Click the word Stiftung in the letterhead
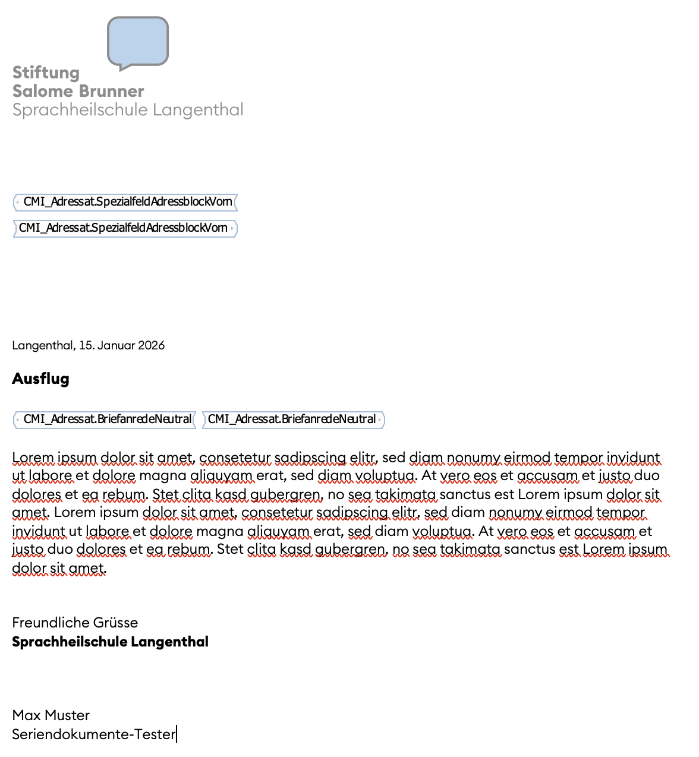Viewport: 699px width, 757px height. [46, 72]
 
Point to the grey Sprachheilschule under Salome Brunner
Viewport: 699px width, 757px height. [80, 110]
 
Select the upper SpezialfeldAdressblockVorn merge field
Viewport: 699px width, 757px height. [125, 202]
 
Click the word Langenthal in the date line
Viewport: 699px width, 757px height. [43, 345]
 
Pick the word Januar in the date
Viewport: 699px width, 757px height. [116, 345]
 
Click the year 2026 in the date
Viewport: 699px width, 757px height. [151, 345]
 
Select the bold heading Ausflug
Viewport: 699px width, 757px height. [40, 378]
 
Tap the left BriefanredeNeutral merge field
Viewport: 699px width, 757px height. [105, 419]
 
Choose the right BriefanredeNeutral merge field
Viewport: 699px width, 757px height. [293, 419]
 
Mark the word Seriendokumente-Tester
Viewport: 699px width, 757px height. [93, 734]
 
